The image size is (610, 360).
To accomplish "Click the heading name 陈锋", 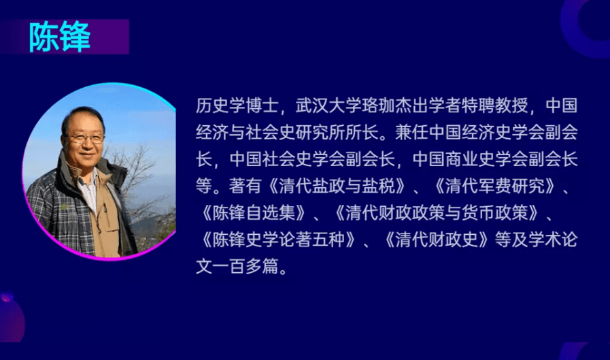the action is (x=60, y=37).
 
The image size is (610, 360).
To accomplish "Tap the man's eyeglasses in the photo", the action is (x=85, y=137).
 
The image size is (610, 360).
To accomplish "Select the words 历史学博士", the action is (x=237, y=105).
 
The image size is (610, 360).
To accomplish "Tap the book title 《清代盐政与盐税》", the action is (x=337, y=186).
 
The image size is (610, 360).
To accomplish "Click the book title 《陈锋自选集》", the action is (x=254, y=212).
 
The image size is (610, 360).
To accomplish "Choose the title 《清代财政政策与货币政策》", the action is (x=437, y=212).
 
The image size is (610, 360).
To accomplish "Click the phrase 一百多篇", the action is (x=245, y=267).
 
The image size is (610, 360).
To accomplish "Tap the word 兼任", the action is (x=411, y=132).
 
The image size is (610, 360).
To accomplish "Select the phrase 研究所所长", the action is (x=337, y=132).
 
